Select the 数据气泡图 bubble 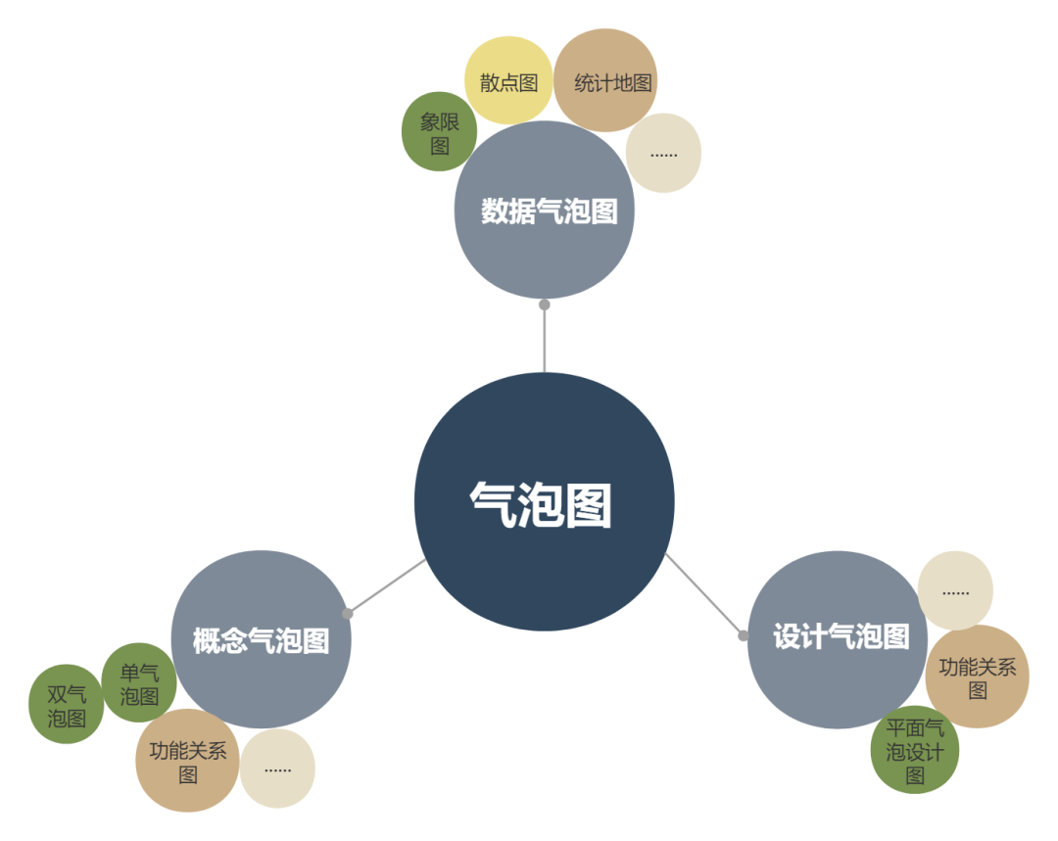pos(545,210)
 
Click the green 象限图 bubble pos(439,132)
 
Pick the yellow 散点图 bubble pos(508,81)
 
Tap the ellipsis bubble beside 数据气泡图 pos(663,153)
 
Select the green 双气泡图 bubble pos(67,704)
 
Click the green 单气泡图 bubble pos(138,682)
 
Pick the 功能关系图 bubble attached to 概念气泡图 pos(187,761)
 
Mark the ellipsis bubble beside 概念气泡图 pos(277,769)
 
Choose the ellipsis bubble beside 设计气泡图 pos(955,590)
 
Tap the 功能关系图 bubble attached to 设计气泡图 pos(977,677)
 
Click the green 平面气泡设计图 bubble pos(914,750)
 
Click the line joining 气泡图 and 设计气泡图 pos(703,594)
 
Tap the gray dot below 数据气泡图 pos(545,304)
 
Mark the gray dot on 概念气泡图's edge pos(348,614)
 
